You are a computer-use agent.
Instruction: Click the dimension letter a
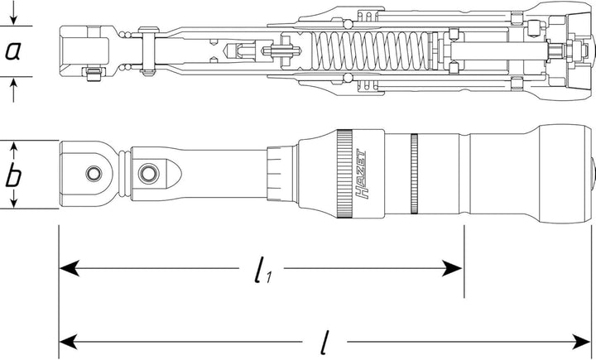(x=13, y=51)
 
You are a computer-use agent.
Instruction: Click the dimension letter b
(x=13, y=175)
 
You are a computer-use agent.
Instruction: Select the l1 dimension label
(x=262, y=270)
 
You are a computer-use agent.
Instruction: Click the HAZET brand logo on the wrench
(x=362, y=174)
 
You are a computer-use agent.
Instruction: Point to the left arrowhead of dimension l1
(x=70, y=268)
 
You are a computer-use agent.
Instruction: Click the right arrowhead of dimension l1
(x=452, y=268)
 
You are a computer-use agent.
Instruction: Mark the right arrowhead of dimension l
(x=579, y=341)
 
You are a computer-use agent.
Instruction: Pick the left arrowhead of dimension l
(x=70, y=341)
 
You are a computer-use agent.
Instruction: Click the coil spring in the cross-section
(x=372, y=50)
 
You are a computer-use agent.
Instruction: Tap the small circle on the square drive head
(x=94, y=174)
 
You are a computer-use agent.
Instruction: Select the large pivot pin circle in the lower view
(x=149, y=174)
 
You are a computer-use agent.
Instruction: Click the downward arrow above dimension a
(x=13, y=13)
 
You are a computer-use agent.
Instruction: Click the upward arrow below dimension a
(x=13, y=89)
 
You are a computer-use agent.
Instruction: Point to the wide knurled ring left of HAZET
(x=344, y=174)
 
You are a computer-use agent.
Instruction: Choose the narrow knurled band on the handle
(x=414, y=174)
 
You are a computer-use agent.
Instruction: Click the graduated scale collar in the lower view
(x=280, y=174)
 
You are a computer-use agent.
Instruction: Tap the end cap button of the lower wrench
(x=593, y=174)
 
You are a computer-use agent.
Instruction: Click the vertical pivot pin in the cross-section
(x=148, y=50)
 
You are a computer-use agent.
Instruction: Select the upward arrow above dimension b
(x=13, y=151)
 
